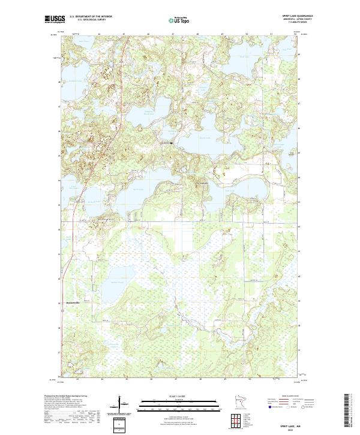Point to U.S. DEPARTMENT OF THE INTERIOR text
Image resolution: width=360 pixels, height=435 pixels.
91,16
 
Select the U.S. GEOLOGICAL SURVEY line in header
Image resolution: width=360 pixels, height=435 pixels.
91,20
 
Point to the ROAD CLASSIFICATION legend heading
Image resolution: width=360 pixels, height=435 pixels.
291,395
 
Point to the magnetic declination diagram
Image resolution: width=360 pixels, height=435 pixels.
120,404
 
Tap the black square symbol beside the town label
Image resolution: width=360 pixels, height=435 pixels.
172,143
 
